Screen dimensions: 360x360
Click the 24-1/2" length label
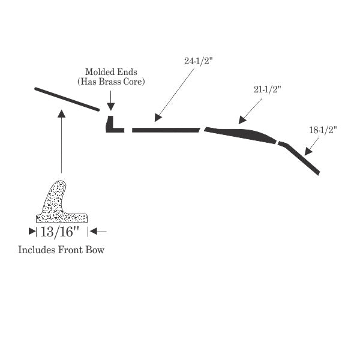199,61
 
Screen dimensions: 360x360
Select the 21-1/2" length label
268,89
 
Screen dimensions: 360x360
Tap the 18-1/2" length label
323,130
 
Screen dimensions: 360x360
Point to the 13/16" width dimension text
59,232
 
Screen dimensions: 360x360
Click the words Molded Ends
111,72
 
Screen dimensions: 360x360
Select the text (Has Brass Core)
111,82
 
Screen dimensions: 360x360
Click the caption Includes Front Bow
61,250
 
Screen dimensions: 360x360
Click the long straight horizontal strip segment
166,130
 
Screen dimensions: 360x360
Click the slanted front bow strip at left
67,99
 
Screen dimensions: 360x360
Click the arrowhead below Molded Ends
110,107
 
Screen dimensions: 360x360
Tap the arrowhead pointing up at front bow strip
61,113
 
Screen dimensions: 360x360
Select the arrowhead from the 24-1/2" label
157,118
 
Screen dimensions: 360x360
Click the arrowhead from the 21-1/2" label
242,120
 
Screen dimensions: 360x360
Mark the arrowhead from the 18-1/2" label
308,152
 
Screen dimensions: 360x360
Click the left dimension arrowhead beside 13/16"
32,232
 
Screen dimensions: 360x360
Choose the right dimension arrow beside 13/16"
98,232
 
